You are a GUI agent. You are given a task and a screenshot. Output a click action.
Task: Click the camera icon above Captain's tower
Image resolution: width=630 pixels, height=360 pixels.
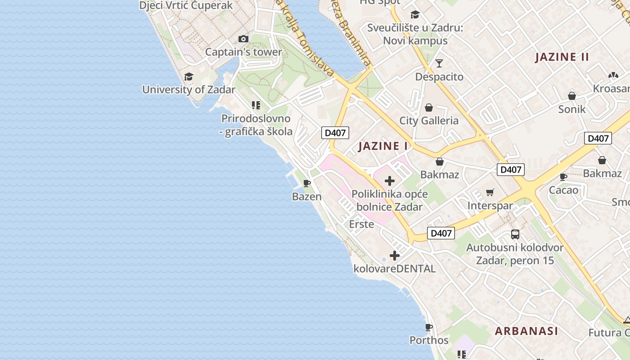pyautogui.click(x=243, y=39)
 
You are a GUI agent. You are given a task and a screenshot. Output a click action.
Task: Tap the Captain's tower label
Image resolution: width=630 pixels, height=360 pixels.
pyautogui.click(x=243, y=52)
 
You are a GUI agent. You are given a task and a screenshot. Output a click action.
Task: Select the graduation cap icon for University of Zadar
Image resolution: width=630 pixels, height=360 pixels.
pyautogui.click(x=189, y=77)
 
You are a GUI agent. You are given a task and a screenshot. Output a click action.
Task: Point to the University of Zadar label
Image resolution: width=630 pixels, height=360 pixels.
pyautogui.click(x=189, y=90)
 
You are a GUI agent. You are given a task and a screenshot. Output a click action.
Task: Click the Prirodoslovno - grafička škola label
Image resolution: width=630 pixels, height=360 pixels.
pyautogui.click(x=256, y=125)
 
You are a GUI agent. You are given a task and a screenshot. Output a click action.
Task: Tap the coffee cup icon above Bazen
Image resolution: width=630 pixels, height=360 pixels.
pyautogui.click(x=307, y=183)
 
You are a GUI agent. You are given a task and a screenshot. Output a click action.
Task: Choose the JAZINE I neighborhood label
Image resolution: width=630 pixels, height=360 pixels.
pyautogui.click(x=383, y=146)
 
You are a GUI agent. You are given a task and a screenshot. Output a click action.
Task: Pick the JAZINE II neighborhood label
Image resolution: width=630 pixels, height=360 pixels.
pyautogui.click(x=562, y=57)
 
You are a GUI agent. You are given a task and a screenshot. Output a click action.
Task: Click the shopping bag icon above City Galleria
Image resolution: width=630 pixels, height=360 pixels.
pyautogui.click(x=429, y=108)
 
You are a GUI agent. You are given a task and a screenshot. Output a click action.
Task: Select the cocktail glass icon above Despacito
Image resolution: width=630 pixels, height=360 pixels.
pyautogui.click(x=439, y=63)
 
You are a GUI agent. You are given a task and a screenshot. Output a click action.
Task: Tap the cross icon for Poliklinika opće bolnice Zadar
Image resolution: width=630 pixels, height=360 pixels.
pyautogui.click(x=390, y=181)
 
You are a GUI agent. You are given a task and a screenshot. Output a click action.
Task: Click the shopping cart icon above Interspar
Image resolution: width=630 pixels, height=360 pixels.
pyautogui.click(x=490, y=193)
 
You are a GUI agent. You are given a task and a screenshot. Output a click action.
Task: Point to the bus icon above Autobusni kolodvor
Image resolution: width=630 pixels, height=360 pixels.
pyautogui.click(x=515, y=234)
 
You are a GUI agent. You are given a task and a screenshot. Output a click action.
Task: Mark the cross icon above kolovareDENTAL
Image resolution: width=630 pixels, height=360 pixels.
pyautogui.click(x=395, y=256)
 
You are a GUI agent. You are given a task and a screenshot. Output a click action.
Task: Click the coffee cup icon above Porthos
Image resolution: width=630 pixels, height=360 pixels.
pyautogui.click(x=429, y=327)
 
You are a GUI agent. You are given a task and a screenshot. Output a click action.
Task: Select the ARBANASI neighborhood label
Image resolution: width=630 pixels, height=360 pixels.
pyautogui.click(x=526, y=331)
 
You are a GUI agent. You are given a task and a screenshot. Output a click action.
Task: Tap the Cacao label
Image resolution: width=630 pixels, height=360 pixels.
pyautogui.click(x=563, y=190)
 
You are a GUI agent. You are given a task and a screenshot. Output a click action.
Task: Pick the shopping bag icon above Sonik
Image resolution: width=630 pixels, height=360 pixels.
pyautogui.click(x=572, y=96)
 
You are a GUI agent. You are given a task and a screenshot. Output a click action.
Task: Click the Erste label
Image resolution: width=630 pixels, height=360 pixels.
pyautogui.click(x=361, y=224)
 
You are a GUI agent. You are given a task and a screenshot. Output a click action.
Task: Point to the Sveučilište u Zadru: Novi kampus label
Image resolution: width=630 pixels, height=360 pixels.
pyautogui.click(x=415, y=34)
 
